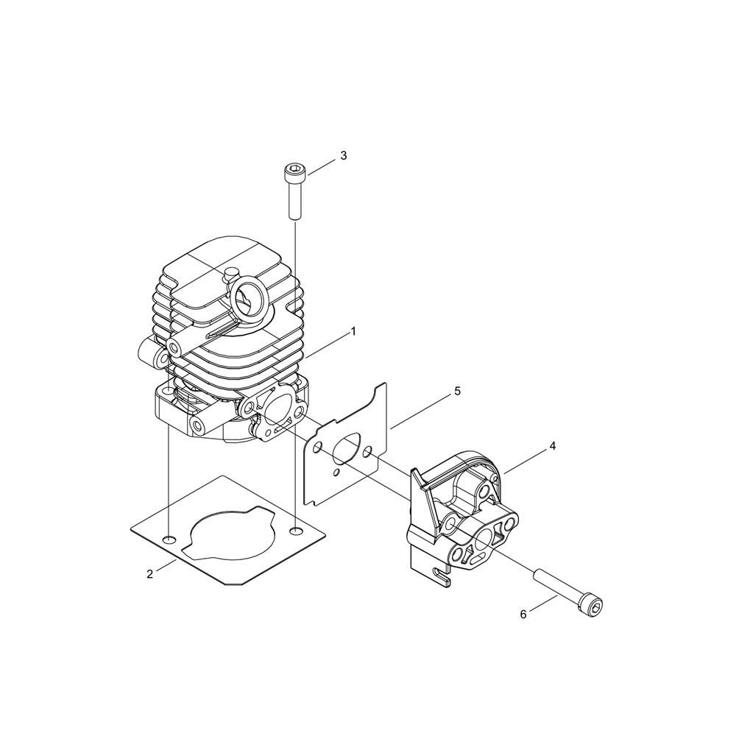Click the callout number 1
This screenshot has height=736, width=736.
click(x=353, y=332)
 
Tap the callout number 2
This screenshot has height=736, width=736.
click(x=149, y=573)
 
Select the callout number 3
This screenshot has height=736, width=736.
click(x=344, y=156)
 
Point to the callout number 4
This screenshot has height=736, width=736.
click(x=553, y=446)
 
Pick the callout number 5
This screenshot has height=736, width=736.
click(x=457, y=391)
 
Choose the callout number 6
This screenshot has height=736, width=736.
click(x=523, y=614)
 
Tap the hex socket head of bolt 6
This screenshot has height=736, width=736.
click(x=592, y=606)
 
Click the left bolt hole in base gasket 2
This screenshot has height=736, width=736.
click(x=169, y=539)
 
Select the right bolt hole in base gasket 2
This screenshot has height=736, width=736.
click(x=296, y=531)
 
